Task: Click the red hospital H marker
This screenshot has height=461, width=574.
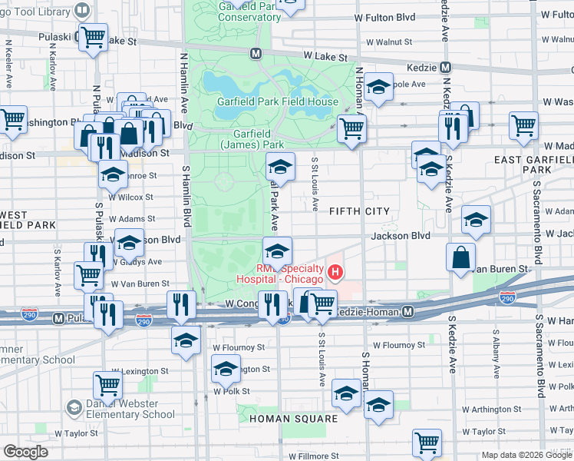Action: [x=335, y=272]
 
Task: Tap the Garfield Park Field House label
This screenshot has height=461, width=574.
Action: [x=267, y=102]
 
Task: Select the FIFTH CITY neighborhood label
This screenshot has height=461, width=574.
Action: [x=359, y=211]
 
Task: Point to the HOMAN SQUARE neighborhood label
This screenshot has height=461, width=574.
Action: [x=294, y=419]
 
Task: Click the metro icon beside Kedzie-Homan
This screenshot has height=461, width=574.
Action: [x=409, y=312]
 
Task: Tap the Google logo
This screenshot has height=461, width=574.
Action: [x=25, y=452]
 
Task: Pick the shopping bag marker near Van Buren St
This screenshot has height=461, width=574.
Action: [x=463, y=260]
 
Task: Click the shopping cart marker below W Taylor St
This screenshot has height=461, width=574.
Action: [x=427, y=443]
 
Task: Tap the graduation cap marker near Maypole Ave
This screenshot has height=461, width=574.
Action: [x=378, y=88]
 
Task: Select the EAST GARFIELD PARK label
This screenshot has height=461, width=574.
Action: [x=533, y=164]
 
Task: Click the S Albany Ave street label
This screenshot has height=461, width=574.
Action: [x=496, y=354]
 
